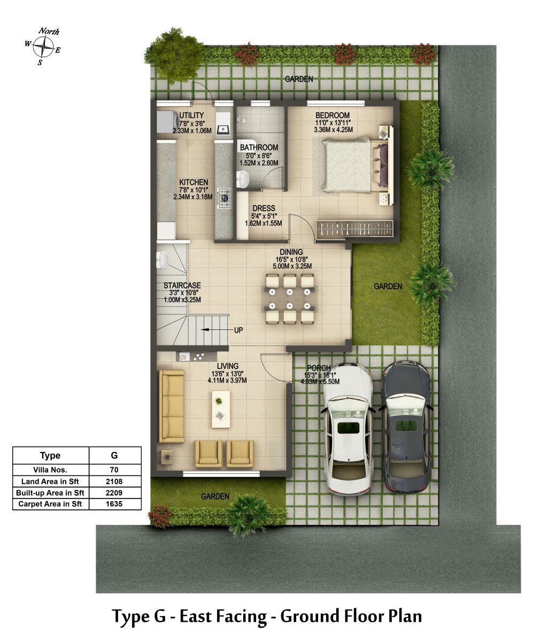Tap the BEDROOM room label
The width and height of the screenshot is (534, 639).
(332, 116)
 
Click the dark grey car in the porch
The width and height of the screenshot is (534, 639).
(406, 427)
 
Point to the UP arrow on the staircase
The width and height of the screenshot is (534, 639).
(212, 329)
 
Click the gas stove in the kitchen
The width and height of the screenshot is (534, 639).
(223, 198)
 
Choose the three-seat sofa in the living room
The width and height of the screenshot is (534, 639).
(172, 406)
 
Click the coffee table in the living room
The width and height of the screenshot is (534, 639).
(221, 410)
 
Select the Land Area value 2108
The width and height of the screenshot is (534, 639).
(114, 481)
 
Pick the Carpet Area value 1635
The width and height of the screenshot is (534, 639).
(114, 504)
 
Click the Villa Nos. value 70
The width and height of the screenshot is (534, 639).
(114, 470)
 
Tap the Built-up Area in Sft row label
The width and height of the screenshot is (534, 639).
(50, 492)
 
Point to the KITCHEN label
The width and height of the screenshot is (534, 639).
(194, 182)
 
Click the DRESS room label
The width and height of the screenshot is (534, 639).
(264, 208)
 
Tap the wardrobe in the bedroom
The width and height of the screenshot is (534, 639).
(355, 228)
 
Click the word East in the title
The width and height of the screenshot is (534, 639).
(203, 616)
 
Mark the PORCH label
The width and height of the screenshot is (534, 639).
(319, 368)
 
